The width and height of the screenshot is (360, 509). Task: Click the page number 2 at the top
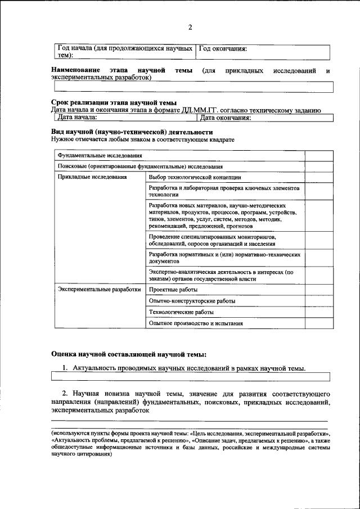click(x=190, y=28)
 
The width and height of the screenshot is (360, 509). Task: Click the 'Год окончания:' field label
click(x=223, y=48)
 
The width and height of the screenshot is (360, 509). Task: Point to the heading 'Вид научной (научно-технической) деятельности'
click(x=132, y=131)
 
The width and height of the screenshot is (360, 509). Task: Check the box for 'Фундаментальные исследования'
click(x=312, y=155)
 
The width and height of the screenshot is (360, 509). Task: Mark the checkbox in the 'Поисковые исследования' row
click(x=312, y=166)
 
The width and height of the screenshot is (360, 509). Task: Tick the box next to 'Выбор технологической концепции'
click(x=312, y=177)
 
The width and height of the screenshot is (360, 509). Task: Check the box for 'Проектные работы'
click(x=312, y=290)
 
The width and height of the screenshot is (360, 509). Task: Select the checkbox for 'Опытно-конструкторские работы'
click(x=312, y=301)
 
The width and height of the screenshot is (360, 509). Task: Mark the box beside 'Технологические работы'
click(x=312, y=312)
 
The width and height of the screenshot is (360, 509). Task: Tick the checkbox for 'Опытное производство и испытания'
click(x=312, y=323)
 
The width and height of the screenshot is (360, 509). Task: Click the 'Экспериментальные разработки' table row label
click(x=99, y=290)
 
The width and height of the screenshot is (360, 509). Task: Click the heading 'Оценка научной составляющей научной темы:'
click(x=129, y=354)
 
